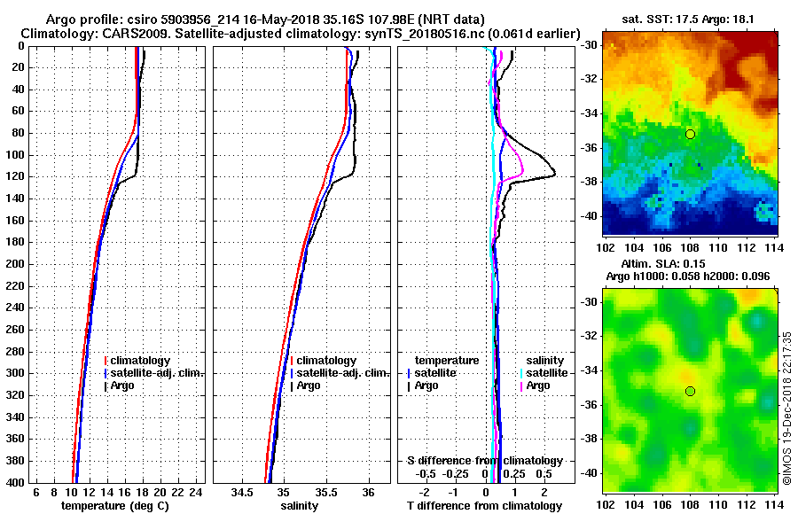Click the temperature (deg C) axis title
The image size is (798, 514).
[114, 505]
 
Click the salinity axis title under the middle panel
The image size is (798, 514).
[301, 505]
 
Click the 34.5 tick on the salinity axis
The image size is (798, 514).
[242, 492]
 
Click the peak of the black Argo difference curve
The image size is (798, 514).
[555, 175]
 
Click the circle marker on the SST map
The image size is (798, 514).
[690, 134]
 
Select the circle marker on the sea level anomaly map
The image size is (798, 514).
[690, 391]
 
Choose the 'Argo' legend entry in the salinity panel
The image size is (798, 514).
[309, 385]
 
